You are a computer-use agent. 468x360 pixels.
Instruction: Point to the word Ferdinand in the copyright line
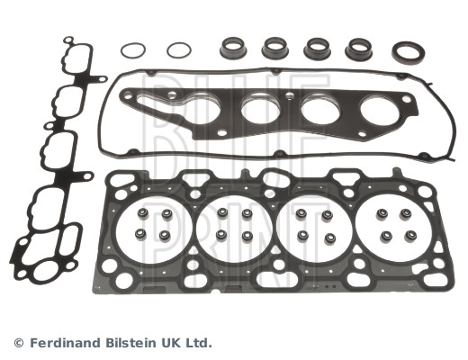coord(67,343)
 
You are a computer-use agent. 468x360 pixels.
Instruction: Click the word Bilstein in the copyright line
coord(134,343)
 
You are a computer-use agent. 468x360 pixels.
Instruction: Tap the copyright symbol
coord(19,343)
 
